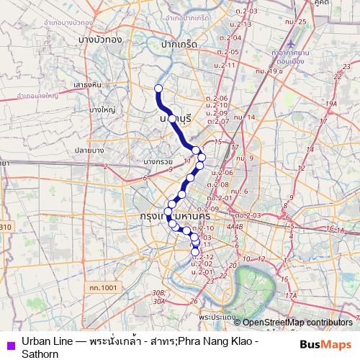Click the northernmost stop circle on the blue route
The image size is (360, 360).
click(158, 89)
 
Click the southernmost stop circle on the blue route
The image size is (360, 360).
click(194, 252)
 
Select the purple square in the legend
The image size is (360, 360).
click(9, 345)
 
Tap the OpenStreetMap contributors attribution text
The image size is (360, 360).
click(297, 323)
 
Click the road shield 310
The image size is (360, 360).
click(5, 228)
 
